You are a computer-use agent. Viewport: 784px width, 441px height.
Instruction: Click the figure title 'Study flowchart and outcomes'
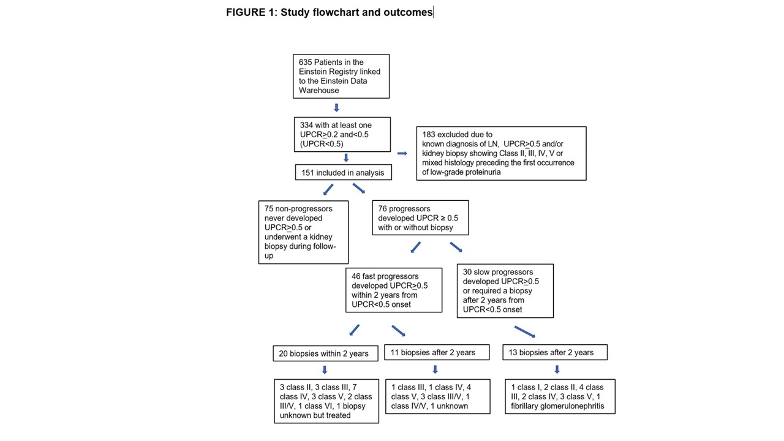point(356,12)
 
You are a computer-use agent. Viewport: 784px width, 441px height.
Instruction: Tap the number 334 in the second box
point(306,126)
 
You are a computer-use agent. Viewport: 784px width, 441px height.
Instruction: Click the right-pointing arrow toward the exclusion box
point(402,153)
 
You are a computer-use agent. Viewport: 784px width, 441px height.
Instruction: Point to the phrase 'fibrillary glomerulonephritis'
point(557,406)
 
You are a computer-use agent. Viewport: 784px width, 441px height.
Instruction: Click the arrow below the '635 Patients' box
point(336,107)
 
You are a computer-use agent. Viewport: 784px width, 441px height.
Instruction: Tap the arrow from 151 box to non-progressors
point(328,189)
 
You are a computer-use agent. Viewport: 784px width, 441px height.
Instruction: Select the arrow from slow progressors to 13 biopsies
point(525,332)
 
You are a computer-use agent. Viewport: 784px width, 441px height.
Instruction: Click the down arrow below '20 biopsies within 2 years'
point(325,370)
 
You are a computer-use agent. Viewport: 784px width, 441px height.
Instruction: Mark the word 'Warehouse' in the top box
point(318,90)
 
